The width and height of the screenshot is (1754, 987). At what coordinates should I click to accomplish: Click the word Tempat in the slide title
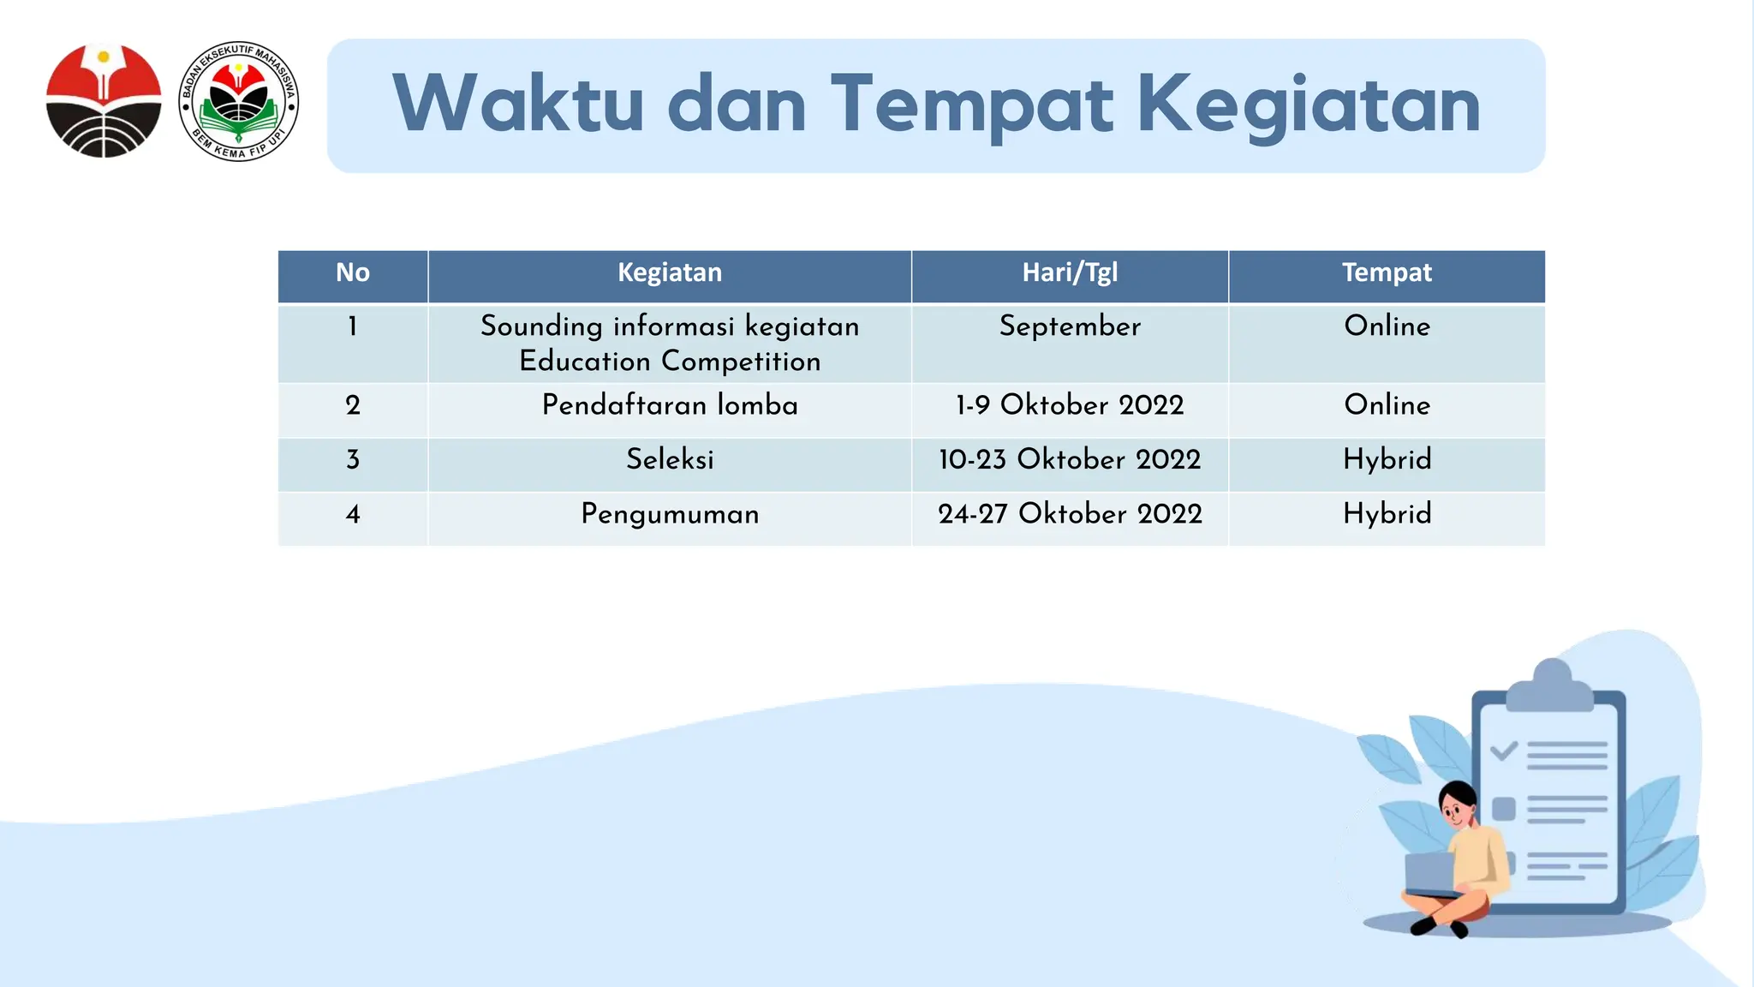click(x=971, y=105)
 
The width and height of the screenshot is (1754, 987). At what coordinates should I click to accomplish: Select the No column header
click(x=353, y=273)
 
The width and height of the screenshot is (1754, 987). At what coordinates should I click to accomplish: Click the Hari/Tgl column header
click(x=1070, y=273)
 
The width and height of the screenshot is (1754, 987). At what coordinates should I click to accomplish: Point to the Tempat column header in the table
click(x=1387, y=273)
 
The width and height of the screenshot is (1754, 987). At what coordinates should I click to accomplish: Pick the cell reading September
click(x=1070, y=326)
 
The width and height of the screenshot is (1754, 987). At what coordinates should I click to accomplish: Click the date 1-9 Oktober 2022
click(x=1070, y=405)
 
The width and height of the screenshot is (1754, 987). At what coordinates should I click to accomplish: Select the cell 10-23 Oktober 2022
click(x=1070, y=460)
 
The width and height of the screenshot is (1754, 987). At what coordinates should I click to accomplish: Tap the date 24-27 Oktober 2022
click(x=1070, y=514)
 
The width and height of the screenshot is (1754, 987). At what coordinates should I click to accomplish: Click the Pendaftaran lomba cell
click(x=670, y=405)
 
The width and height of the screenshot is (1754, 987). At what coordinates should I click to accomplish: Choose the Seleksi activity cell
click(x=670, y=460)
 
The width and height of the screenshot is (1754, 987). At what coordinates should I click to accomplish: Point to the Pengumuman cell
click(x=670, y=514)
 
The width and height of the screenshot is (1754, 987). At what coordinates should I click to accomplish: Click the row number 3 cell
click(x=353, y=460)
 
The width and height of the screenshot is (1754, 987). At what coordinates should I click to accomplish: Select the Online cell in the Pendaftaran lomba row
click(x=1387, y=405)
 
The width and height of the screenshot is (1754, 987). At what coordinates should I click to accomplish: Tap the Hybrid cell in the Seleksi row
click(x=1387, y=460)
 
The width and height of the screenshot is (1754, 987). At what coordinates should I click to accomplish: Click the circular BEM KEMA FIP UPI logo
click(x=239, y=101)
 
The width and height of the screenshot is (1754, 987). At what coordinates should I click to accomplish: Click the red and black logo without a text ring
click(x=104, y=101)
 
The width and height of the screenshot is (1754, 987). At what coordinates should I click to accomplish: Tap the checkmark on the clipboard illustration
click(x=1503, y=752)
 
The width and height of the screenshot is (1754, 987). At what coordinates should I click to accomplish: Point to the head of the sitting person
click(x=1458, y=803)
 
